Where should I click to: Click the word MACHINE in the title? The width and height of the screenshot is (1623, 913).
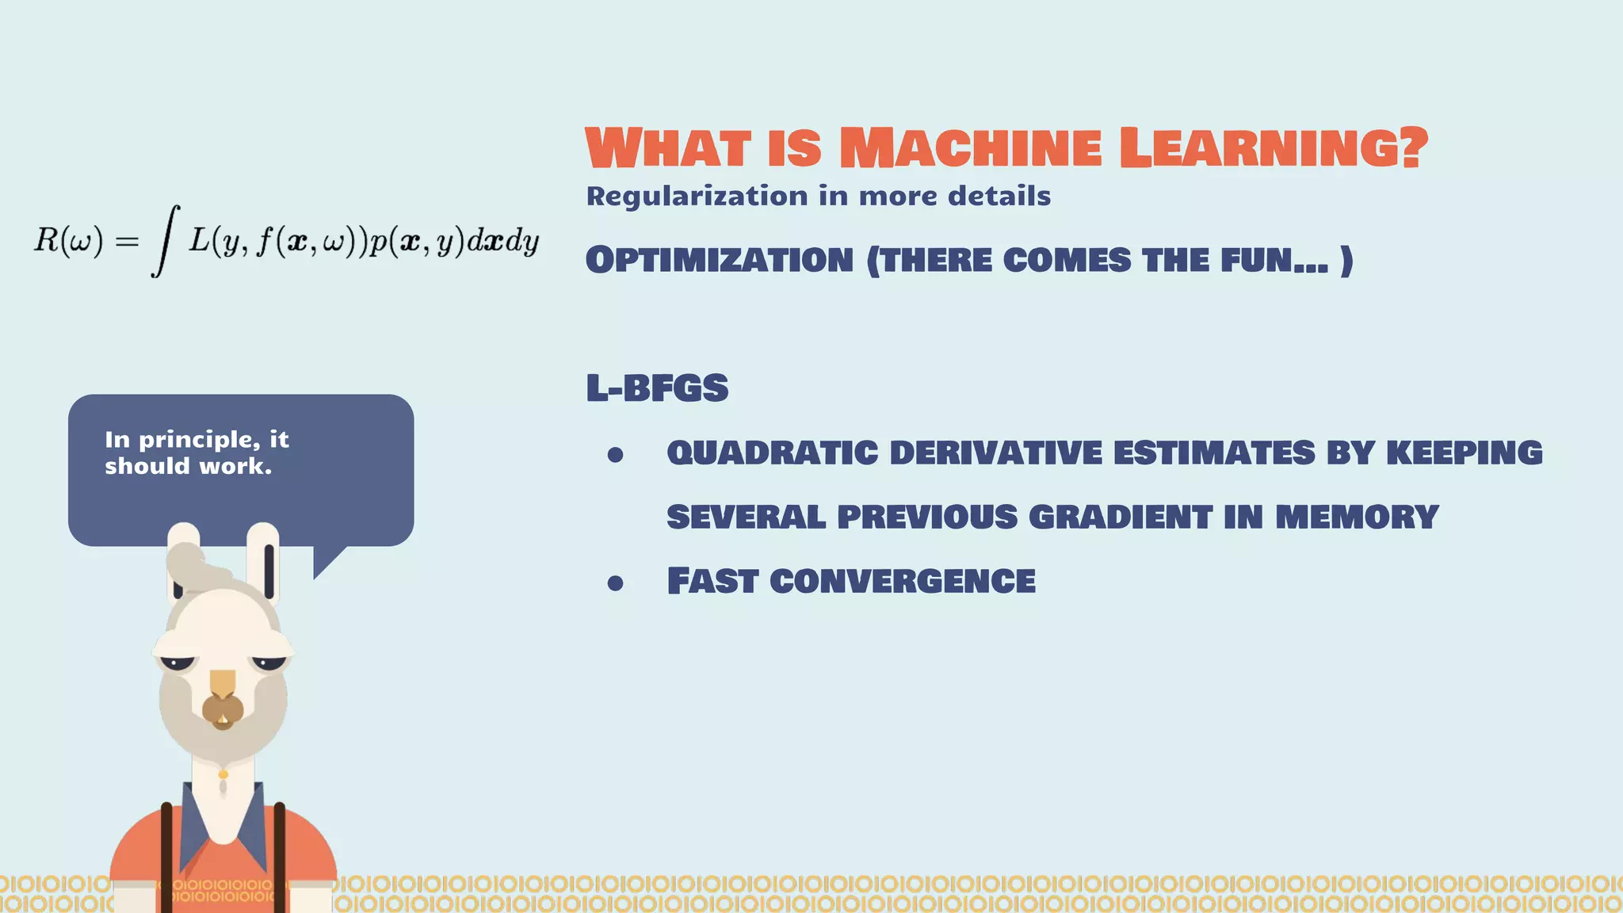click(970, 148)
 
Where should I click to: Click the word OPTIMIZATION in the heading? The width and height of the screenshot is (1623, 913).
click(720, 261)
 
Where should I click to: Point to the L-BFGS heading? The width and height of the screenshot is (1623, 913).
click(657, 388)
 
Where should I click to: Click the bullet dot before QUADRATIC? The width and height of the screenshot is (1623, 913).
click(615, 455)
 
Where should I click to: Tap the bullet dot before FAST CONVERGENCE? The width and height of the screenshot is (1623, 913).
click(615, 584)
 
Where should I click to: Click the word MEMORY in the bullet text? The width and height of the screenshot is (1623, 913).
click(1357, 518)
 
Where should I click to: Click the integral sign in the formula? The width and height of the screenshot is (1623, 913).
click(165, 240)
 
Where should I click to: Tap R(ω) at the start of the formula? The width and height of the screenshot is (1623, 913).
click(68, 240)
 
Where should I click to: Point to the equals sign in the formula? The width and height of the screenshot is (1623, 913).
click(127, 241)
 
